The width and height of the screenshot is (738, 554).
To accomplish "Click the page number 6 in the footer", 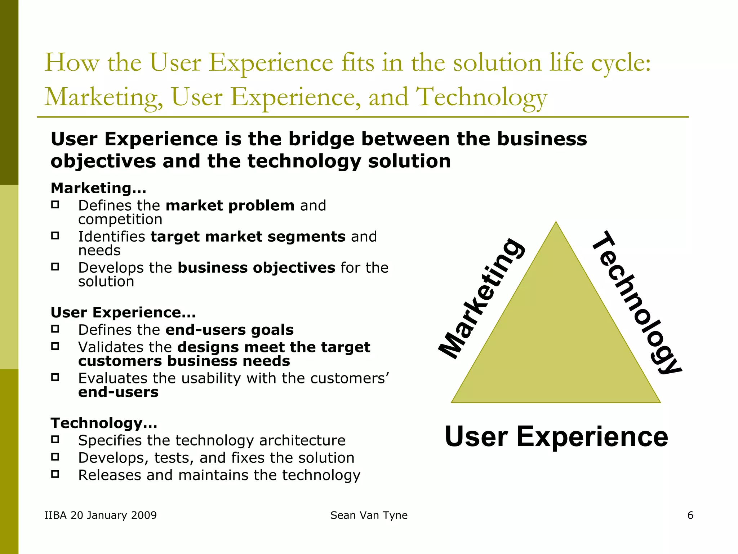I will click(690, 515).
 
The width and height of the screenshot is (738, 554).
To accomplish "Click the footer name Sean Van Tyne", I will click(369, 515).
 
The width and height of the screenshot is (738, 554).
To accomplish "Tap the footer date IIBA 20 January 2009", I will click(101, 515).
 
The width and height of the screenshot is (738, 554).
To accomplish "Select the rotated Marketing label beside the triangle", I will click(481, 299).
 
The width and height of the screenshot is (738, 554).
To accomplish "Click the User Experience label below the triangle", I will click(556, 436).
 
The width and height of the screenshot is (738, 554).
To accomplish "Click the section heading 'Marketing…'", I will click(98, 188).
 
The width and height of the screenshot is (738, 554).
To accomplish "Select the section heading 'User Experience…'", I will click(123, 312).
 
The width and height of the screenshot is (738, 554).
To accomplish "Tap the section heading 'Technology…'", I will click(104, 423).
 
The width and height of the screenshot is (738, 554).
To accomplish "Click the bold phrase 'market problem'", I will click(230, 206).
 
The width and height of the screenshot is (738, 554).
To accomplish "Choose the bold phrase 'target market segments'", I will click(248, 237).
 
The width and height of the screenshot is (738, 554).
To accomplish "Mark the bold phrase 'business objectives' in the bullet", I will click(256, 268).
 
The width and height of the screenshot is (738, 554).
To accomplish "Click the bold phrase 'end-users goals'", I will click(230, 330).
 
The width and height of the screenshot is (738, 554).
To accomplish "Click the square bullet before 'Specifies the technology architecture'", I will click(55, 440).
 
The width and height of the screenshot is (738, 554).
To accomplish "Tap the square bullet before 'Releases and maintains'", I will click(55, 474).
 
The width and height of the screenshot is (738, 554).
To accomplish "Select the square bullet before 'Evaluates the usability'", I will click(55, 378).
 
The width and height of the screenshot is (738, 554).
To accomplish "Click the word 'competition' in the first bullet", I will click(120, 219).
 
